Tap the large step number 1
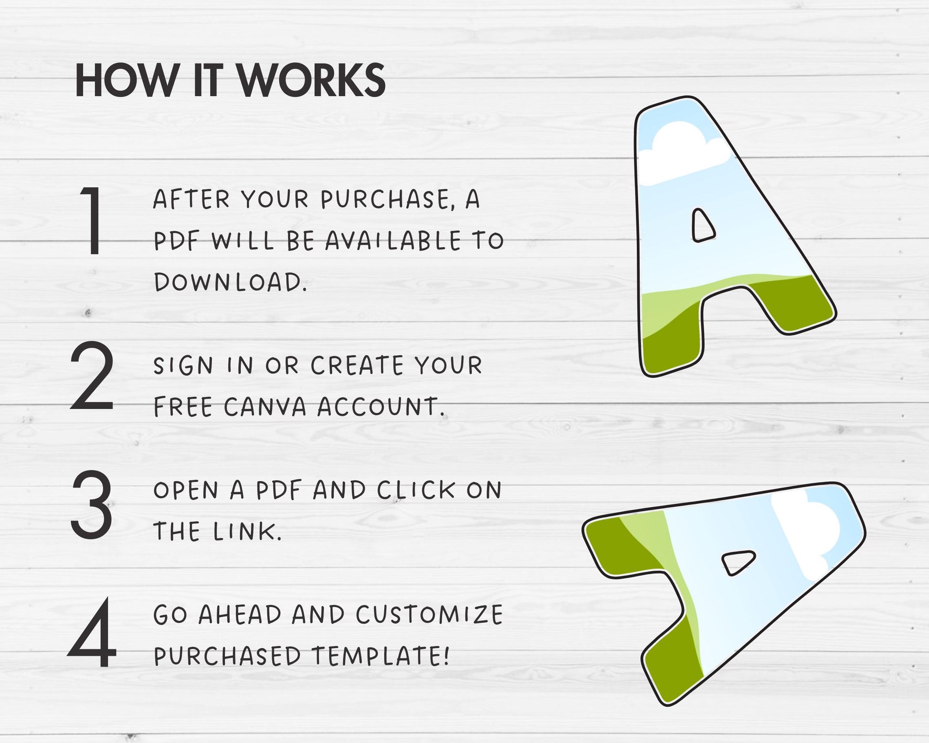click(x=94, y=220)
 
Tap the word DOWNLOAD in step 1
click(x=230, y=282)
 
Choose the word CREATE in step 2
click(x=357, y=366)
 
